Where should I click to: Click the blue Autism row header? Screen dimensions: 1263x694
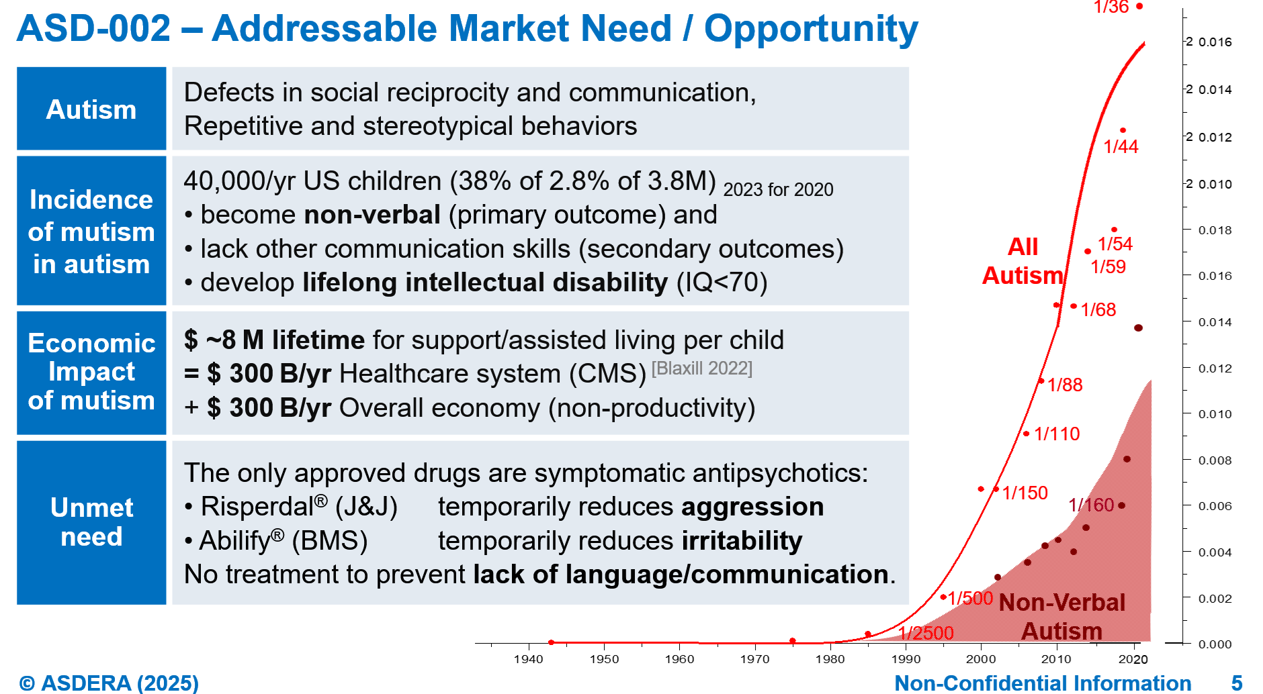91,109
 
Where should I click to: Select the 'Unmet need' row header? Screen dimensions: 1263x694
91,522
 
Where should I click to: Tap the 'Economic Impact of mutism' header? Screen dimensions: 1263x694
91,372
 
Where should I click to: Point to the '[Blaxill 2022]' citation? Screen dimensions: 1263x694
702,368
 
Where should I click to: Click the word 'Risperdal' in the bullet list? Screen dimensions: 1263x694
257,507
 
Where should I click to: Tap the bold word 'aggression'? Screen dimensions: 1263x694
752,507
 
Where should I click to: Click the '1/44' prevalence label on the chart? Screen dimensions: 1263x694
1121,146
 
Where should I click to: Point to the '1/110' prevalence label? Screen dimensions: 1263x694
1057,434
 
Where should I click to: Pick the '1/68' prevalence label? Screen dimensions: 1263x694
1098,309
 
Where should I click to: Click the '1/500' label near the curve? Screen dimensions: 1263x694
970,597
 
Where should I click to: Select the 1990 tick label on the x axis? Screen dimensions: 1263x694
906,659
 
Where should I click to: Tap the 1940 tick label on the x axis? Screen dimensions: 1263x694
528,659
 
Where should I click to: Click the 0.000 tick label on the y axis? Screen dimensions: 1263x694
1215,644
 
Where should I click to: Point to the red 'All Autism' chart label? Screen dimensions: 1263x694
1022,261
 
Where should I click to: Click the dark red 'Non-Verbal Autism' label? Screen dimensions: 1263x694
1062,617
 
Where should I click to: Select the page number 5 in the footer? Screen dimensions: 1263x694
1237,683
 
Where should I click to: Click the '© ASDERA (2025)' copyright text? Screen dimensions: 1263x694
109,683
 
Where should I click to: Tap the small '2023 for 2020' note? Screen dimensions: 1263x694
778,190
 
